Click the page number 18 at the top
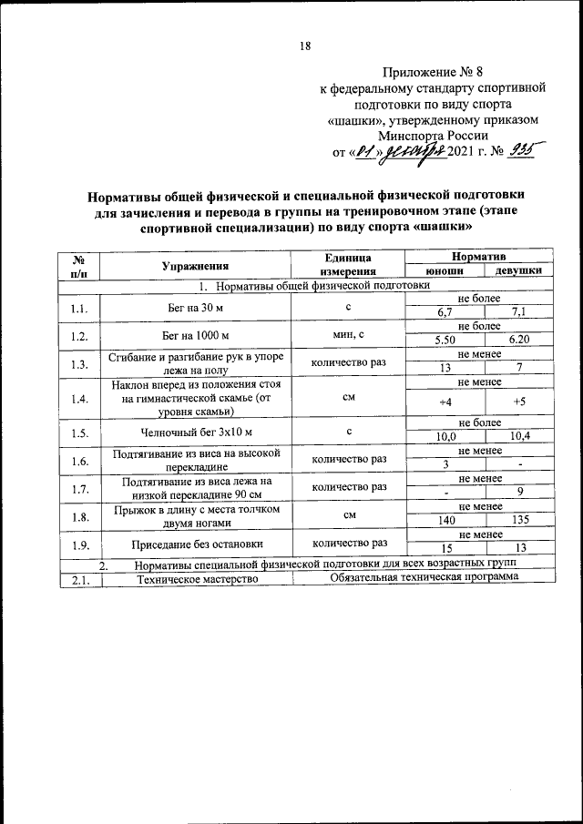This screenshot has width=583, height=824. tap(306, 47)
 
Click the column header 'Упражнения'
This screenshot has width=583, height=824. tap(195, 265)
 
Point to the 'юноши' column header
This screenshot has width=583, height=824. tap(445, 271)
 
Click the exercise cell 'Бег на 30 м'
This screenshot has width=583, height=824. tap(195, 307)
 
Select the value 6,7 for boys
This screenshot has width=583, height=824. tap(445, 313)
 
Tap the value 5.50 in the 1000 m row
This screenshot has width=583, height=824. tap(445, 340)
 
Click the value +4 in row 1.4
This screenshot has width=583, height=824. tap(445, 402)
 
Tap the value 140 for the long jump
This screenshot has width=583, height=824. tap(445, 523)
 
